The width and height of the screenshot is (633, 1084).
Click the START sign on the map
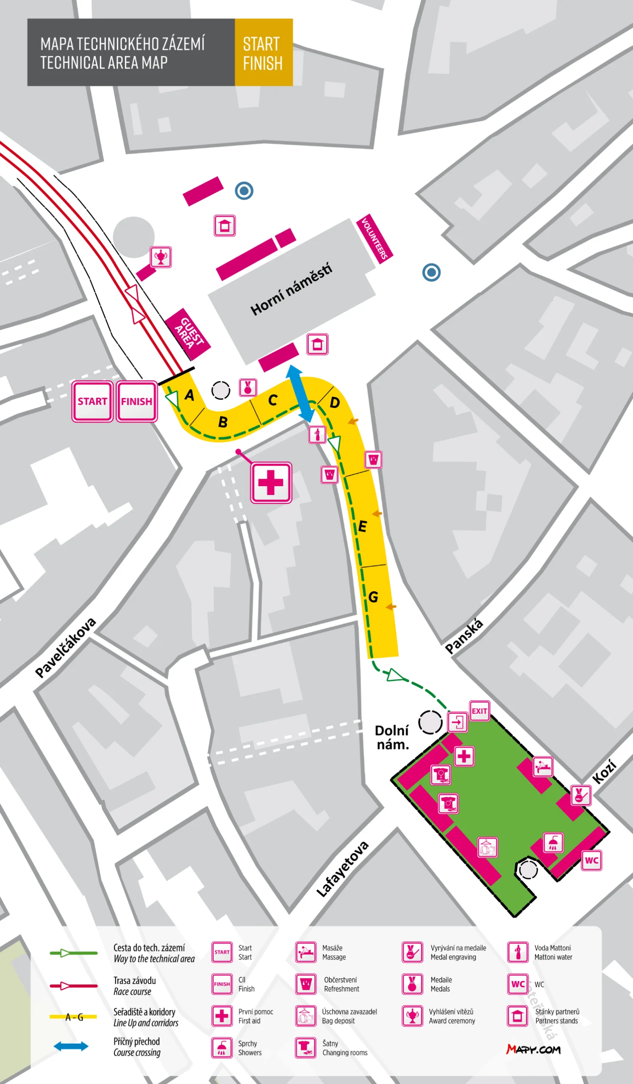pos(92,401)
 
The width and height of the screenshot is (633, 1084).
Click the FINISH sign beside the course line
pos(136,401)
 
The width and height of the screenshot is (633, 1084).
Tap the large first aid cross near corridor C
pos(271,482)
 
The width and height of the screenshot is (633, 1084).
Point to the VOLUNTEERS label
pos(375,238)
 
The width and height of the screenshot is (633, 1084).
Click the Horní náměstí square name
pos(292,289)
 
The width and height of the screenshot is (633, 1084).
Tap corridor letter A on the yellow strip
pos(189,395)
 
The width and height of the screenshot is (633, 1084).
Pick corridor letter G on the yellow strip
pos(373,597)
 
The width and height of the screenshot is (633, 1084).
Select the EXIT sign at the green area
pos(479,711)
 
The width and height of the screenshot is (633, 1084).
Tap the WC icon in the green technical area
pos(591,860)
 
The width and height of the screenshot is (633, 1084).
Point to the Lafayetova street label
pos(342,869)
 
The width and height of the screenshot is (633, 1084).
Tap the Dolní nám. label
pos(391,737)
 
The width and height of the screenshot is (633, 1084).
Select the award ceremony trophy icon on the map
pos(161,257)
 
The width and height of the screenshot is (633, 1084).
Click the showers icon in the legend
pos(222,1048)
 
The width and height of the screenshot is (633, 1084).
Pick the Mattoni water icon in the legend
pos(518,952)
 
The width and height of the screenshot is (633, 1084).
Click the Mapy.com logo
pos(533,1050)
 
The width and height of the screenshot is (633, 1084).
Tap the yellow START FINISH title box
pos(264,53)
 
